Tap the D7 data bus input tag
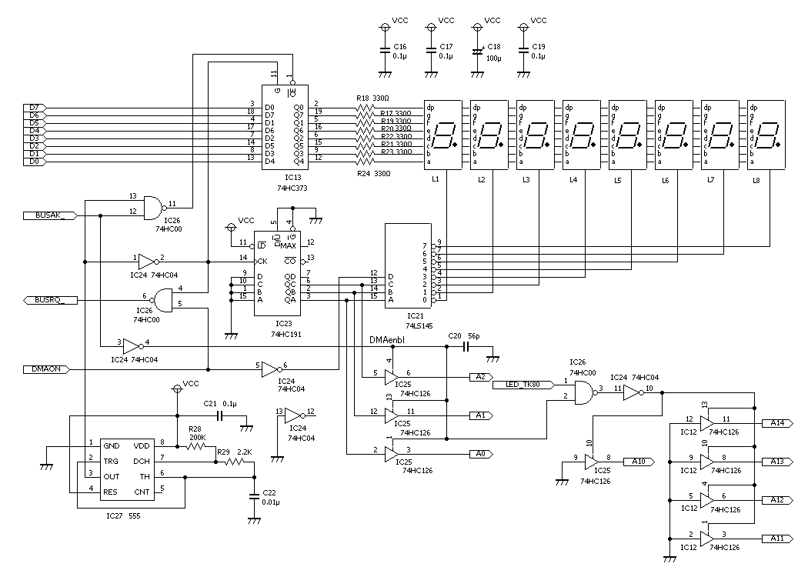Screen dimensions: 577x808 (x=34, y=108)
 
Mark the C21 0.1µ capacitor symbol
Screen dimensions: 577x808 (x=219, y=416)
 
